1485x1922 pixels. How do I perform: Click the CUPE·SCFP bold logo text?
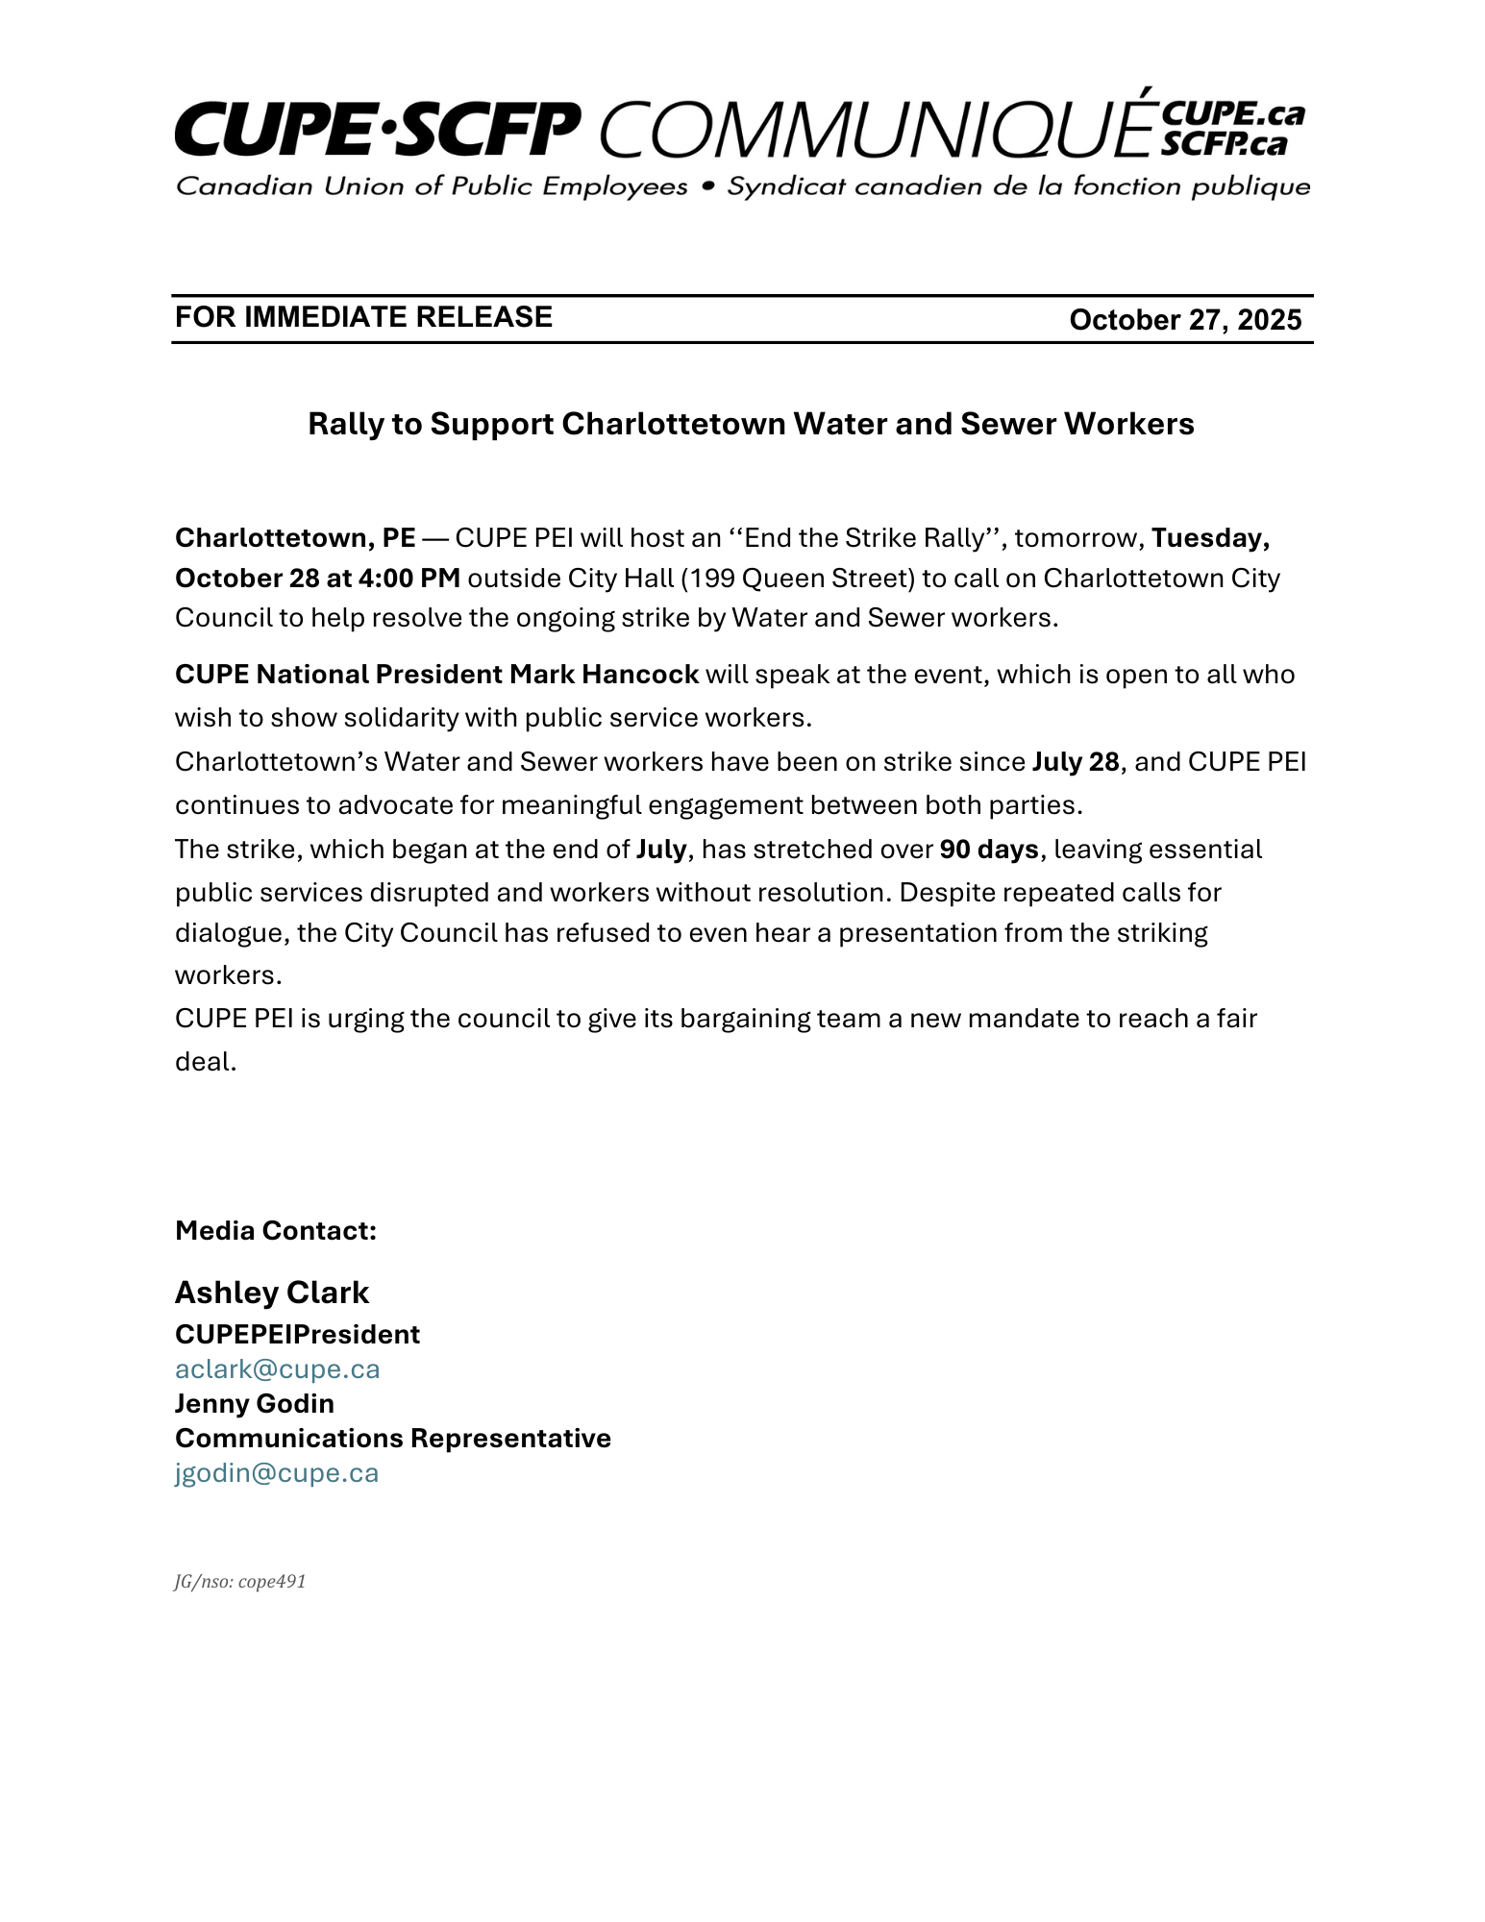377,130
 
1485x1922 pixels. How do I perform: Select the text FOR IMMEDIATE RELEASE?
363,317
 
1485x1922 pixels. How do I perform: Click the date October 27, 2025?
1184,320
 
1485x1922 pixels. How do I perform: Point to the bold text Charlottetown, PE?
295,538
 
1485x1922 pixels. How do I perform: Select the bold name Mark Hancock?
604,675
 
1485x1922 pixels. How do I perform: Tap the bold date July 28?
1076,762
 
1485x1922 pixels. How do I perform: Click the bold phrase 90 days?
988,850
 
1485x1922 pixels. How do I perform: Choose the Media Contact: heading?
275,1231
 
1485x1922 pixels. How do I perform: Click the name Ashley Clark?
271,1294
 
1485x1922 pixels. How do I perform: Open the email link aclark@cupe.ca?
277,1369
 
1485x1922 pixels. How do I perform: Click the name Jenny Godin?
254,1404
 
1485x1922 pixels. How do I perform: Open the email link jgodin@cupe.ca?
277,1473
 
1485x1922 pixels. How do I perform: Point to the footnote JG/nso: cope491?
239,1582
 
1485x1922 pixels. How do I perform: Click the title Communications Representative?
392,1439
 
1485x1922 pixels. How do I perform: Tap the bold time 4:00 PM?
408,579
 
